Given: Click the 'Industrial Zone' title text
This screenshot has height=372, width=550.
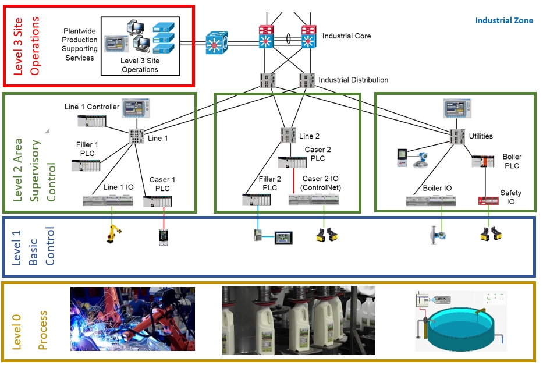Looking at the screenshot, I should pyautogui.click(x=503, y=20).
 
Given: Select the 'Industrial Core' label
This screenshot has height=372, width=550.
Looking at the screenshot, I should pyautogui.click(x=346, y=36).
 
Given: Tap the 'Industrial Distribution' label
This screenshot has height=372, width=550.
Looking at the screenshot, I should pyautogui.click(x=353, y=80).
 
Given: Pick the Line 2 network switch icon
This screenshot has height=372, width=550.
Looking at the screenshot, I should pyautogui.click(x=288, y=135).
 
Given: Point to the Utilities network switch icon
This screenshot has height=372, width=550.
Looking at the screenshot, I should pyautogui.click(x=457, y=136).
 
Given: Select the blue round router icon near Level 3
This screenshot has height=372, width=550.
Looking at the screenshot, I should pyautogui.click(x=217, y=44).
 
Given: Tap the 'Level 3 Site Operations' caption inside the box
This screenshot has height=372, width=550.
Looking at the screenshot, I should pyautogui.click(x=140, y=65).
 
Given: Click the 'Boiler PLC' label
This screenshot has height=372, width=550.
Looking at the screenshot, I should pyautogui.click(x=512, y=161).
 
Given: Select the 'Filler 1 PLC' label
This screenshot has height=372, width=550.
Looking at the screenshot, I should pyautogui.click(x=87, y=149).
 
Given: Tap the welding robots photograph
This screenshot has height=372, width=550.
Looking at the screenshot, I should pyautogui.click(x=133, y=320).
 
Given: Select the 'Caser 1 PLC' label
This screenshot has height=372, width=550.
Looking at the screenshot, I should pyautogui.click(x=162, y=184).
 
